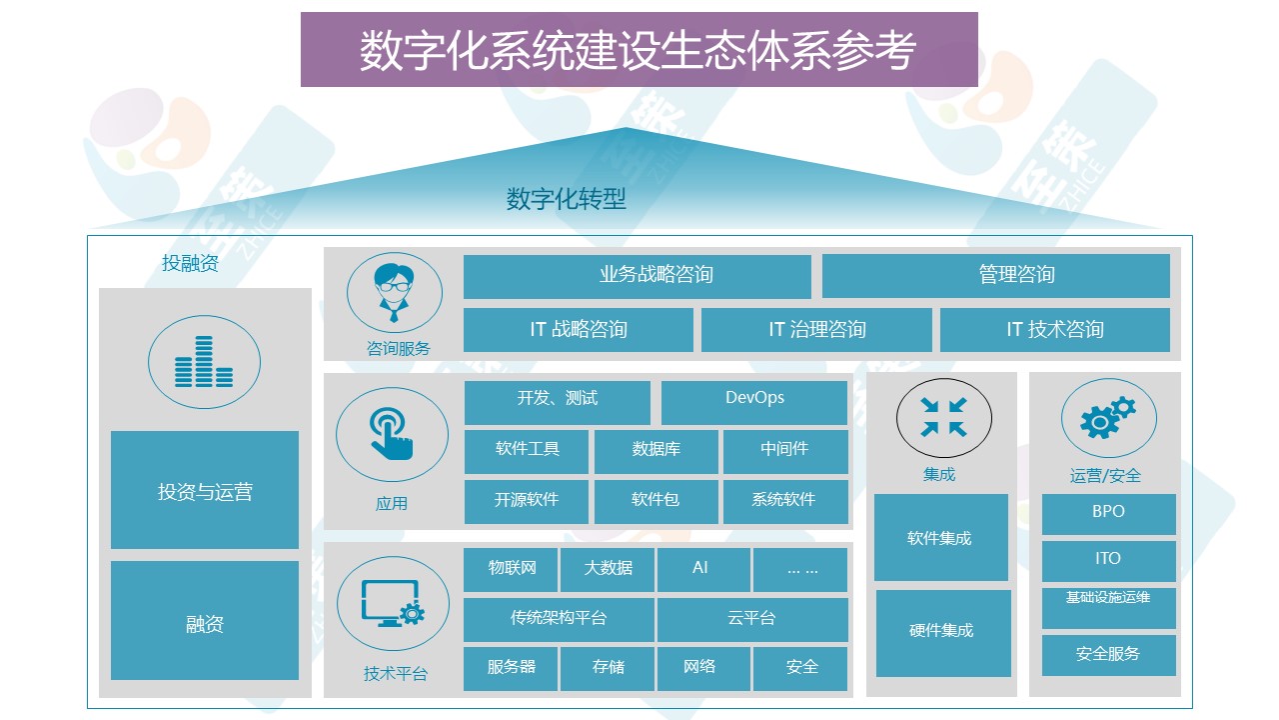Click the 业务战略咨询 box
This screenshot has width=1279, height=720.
(638, 277)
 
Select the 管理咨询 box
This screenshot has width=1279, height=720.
(996, 277)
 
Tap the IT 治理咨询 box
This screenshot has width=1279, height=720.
(816, 330)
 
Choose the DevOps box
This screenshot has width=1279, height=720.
(754, 403)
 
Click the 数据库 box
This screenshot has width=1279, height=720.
(656, 452)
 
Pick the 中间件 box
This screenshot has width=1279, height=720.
(785, 452)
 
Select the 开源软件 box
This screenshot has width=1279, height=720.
(527, 502)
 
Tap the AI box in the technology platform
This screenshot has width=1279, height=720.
(703, 570)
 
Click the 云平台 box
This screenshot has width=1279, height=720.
(752, 620)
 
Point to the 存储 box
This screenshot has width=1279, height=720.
(607, 669)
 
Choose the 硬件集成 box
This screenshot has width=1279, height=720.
(943, 633)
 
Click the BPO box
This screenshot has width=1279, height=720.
(1109, 514)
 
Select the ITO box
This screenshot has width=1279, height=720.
(1109, 561)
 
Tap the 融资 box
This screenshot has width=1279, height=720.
(205, 620)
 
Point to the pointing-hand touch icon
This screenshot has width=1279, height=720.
(391, 433)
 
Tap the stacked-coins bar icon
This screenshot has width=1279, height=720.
(204, 362)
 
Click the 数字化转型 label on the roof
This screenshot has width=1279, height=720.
(566, 199)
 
